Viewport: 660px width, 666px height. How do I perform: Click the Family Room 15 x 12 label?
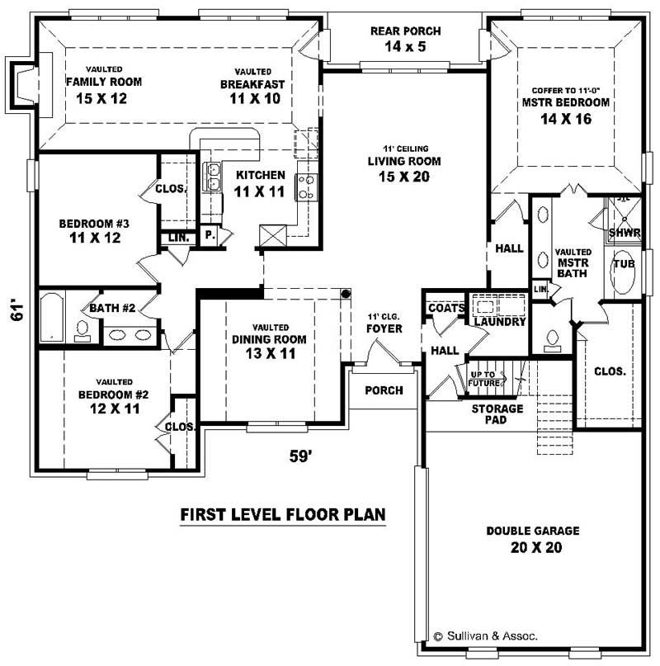pyautogui.click(x=104, y=89)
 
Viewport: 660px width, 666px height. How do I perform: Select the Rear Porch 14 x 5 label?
pyautogui.click(x=405, y=39)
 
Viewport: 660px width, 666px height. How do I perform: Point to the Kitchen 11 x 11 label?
pyautogui.click(x=260, y=183)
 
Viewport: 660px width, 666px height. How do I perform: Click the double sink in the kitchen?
pyautogui.click(x=213, y=176)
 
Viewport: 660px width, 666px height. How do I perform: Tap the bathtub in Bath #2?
pyautogui.click(x=53, y=315)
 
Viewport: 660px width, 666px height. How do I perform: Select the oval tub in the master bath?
pyautogui.click(x=625, y=276)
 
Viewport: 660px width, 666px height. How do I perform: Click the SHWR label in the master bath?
pyautogui.click(x=624, y=234)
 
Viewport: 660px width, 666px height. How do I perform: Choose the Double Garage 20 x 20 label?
pyautogui.click(x=532, y=539)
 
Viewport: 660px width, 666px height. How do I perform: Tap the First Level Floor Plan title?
pyautogui.click(x=283, y=515)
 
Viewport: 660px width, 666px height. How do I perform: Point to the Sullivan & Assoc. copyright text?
pyautogui.click(x=486, y=636)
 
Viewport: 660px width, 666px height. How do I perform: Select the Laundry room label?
pyautogui.click(x=499, y=321)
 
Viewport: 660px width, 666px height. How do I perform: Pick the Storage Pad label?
pyautogui.click(x=497, y=414)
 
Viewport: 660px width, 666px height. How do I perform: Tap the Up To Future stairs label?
pyautogui.click(x=484, y=378)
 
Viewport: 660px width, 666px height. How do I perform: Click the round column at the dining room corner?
pyautogui.click(x=346, y=294)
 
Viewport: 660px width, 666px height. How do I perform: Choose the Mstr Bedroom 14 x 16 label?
pyautogui.click(x=565, y=111)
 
